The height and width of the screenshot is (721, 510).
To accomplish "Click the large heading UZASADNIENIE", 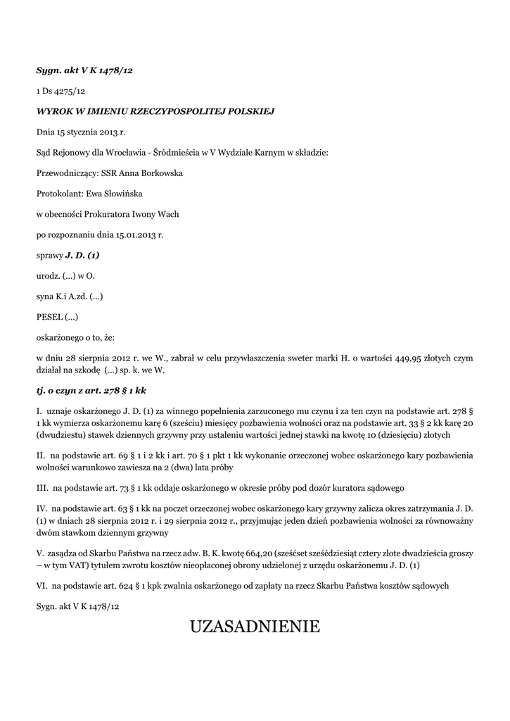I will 255,626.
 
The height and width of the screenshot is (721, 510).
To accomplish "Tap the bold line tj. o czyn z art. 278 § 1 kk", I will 91,389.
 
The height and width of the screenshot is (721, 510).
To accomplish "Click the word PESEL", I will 49,316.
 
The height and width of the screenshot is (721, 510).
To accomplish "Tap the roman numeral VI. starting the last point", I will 42,585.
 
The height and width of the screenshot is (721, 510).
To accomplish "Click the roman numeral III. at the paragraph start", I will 42,487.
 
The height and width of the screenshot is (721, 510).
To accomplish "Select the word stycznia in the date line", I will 82,132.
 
